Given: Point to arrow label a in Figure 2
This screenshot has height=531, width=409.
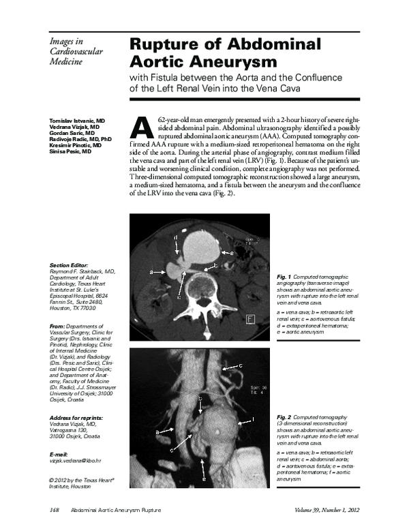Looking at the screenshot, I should pyautogui.click(x=157, y=431).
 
